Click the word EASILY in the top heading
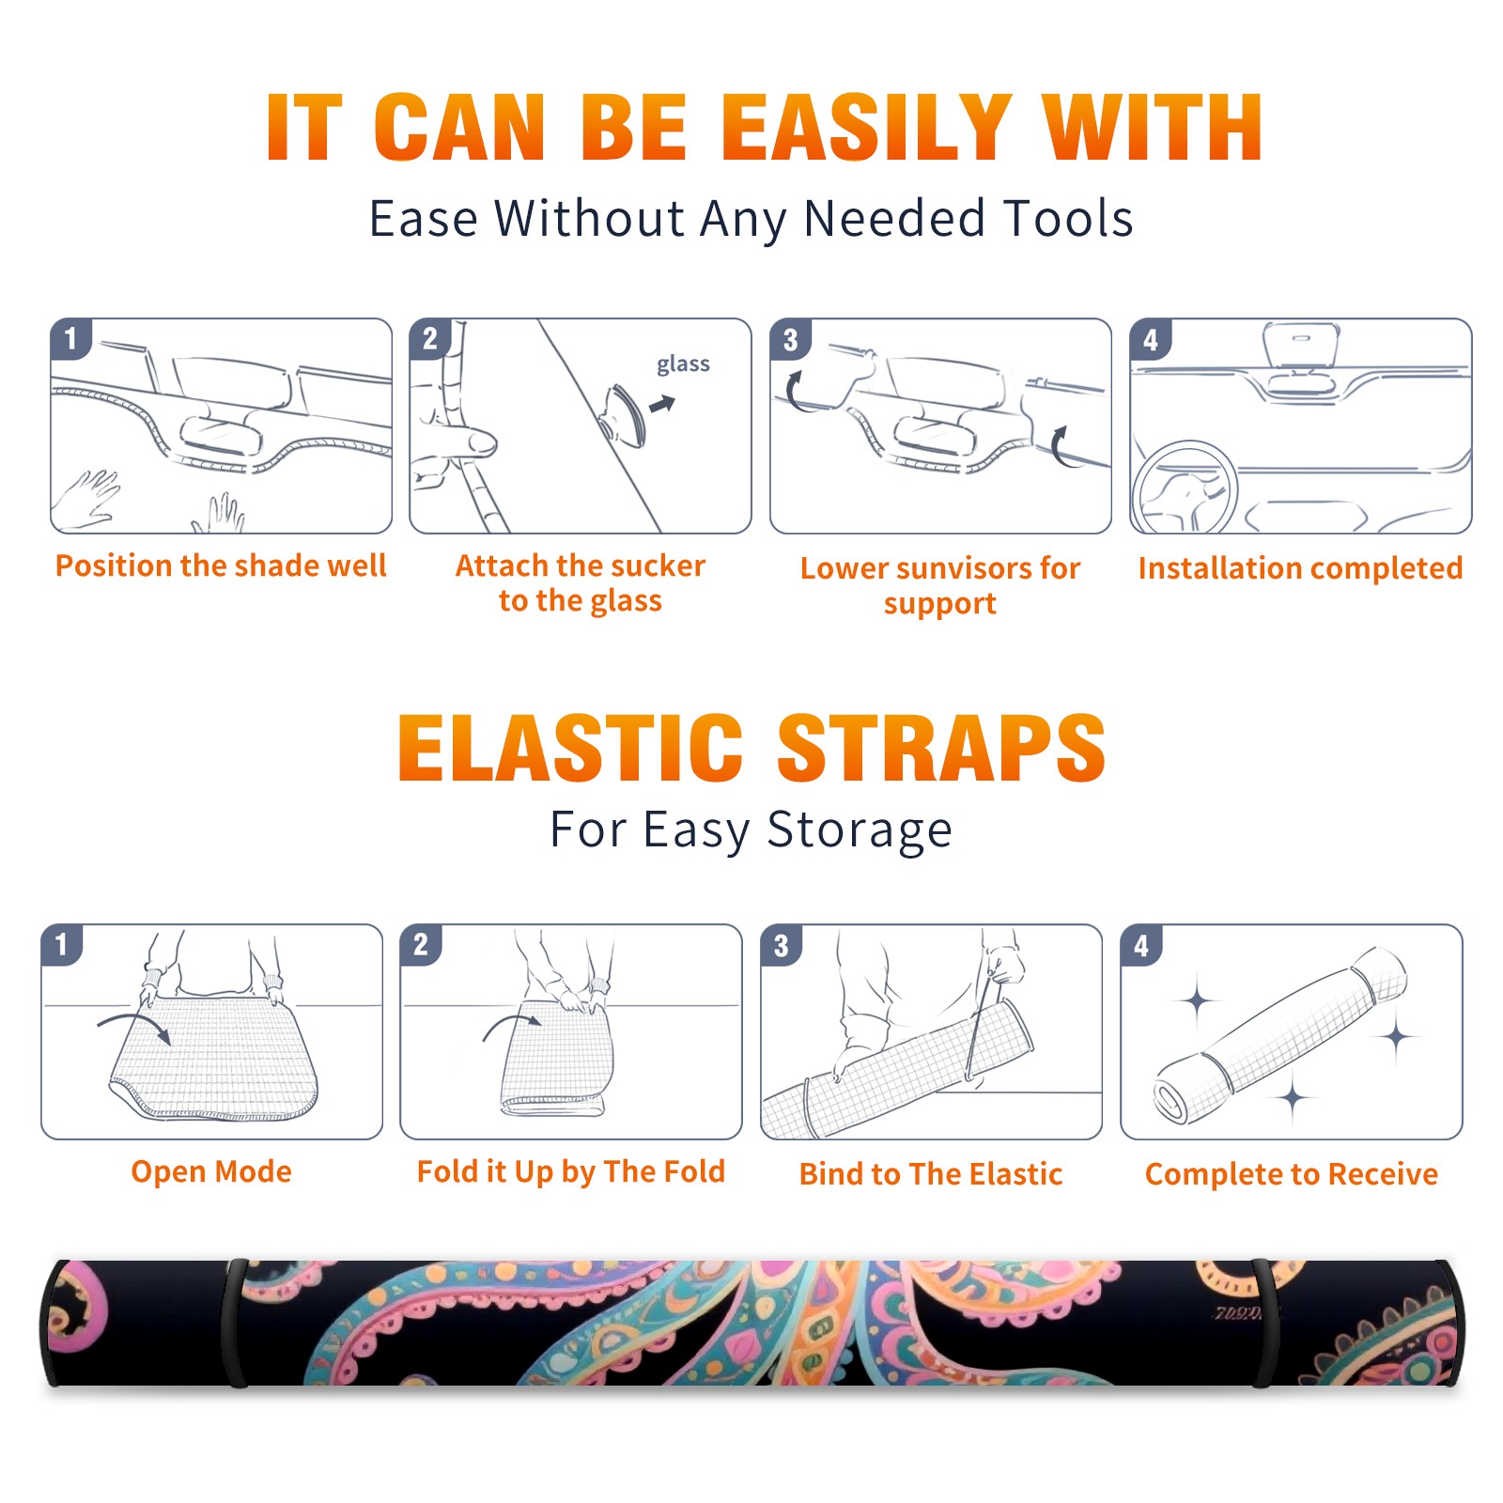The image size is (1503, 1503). [x=866, y=128]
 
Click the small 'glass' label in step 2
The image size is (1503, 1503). [x=683, y=364]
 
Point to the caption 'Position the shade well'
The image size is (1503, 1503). [x=221, y=566]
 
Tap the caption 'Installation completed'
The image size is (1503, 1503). [x=1300, y=568]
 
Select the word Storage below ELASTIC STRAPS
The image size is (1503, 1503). [x=860, y=830]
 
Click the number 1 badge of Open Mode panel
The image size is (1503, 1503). [x=62, y=944]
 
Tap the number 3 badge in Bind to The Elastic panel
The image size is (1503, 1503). [x=781, y=945]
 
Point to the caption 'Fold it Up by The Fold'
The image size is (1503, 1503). [x=571, y=1171]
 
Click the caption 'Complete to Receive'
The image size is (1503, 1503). [x=1292, y=1174]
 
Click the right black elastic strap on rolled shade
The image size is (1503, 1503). [x=1264, y=1323]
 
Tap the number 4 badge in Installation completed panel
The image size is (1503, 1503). [x=1151, y=340]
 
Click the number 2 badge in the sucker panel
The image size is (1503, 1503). [x=430, y=339]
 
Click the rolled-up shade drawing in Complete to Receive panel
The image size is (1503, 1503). [x=1280, y=1034]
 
